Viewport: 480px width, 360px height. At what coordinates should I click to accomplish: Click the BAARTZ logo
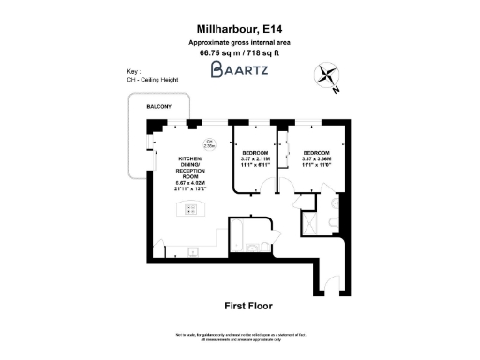coord(239,68)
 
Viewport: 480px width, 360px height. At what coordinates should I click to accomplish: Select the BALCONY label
coord(157,110)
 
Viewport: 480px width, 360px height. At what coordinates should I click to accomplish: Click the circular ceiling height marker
coord(210,145)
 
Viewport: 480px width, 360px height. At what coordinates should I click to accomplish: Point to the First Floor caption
coord(248,306)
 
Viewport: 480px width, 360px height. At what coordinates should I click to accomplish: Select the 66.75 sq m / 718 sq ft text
coord(239,52)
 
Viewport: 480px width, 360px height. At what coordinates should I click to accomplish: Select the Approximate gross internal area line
coord(239,42)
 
